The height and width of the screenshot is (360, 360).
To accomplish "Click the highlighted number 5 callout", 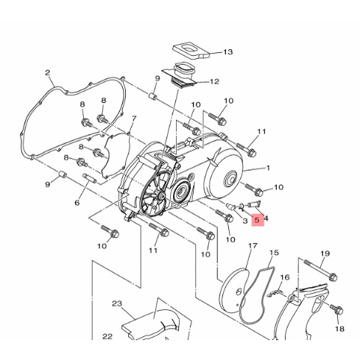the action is pyautogui.click(x=257, y=219).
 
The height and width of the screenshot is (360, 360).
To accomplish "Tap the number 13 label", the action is pyautogui.click(x=227, y=52).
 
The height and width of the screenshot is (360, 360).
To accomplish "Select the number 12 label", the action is pyautogui.click(x=214, y=82).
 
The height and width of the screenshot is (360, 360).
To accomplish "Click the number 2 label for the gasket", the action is pyautogui.click(x=47, y=73).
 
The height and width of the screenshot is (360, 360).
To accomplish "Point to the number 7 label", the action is pyautogui.click(x=134, y=119).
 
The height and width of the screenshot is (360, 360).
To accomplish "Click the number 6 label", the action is pyautogui.click(x=77, y=202).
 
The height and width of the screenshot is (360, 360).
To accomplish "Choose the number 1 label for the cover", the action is pyautogui.click(x=268, y=168).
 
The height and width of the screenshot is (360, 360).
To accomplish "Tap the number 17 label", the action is pyautogui.click(x=253, y=246).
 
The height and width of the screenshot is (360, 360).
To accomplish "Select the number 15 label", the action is pyautogui.click(x=274, y=253).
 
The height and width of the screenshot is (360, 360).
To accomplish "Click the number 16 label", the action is pyautogui.click(x=285, y=278).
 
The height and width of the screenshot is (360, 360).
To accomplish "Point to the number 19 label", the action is pyautogui.click(x=325, y=253).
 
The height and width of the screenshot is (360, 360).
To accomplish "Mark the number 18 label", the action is pyautogui.click(x=339, y=328).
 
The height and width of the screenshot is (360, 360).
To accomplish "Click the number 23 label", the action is pyautogui.click(x=117, y=303).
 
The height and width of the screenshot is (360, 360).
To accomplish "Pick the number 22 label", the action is pyautogui.click(x=107, y=336).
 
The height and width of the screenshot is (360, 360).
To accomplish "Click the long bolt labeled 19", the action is pyautogui.click(x=320, y=270).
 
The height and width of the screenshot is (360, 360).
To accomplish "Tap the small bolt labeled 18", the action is pyautogui.click(x=336, y=310).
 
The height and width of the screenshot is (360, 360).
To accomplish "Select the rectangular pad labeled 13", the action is pyautogui.click(x=191, y=52).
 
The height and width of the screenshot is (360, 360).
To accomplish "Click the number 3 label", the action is pyautogui.click(x=245, y=221).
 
